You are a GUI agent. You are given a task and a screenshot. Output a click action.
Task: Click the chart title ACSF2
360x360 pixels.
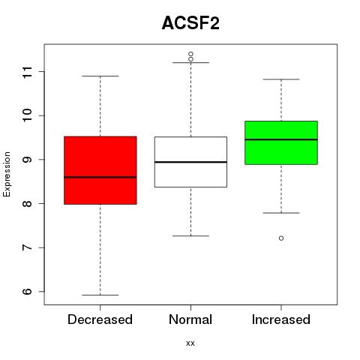[x=190, y=23]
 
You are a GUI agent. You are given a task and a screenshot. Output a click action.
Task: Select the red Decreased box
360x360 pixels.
[x=100, y=170]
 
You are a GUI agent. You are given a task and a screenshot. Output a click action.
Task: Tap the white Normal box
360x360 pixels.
[x=190, y=162]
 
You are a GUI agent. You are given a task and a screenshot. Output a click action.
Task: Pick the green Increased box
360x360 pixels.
[x=281, y=142]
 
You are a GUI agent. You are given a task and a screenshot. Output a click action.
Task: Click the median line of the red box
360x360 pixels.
[x=100, y=177]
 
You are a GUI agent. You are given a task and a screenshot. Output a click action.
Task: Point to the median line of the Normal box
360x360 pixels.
[x=190, y=162]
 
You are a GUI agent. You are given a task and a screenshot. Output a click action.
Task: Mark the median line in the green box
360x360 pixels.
[x=281, y=139]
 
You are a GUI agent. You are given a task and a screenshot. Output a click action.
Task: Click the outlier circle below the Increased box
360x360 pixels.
[x=281, y=238]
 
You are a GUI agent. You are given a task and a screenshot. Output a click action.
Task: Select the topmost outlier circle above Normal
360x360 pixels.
[x=190, y=54]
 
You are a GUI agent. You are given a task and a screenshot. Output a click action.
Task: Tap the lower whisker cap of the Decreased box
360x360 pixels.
[x=100, y=295]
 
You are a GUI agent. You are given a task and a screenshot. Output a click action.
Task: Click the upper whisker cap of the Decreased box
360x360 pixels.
[x=100, y=76]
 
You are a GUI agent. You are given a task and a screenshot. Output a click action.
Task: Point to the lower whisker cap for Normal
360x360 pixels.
[x=190, y=235]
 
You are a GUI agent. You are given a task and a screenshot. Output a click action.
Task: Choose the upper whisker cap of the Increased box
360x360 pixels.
[x=281, y=79]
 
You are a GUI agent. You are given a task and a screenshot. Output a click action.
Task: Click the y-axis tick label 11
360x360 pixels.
[x=28, y=72]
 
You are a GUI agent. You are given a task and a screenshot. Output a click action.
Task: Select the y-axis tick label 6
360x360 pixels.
[x=28, y=292]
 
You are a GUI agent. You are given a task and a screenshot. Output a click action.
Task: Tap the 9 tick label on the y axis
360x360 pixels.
[x=28, y=160]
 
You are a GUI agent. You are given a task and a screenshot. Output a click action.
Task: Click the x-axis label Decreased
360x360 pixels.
[x=100, y=319]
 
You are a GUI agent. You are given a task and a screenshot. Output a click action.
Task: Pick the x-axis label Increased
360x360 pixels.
[x=281, y=319]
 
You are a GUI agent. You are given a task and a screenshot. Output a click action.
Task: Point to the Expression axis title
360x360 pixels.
[x=7, y=174]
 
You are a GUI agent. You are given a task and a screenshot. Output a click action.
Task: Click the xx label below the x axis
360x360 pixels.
[x=190, y=343]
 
